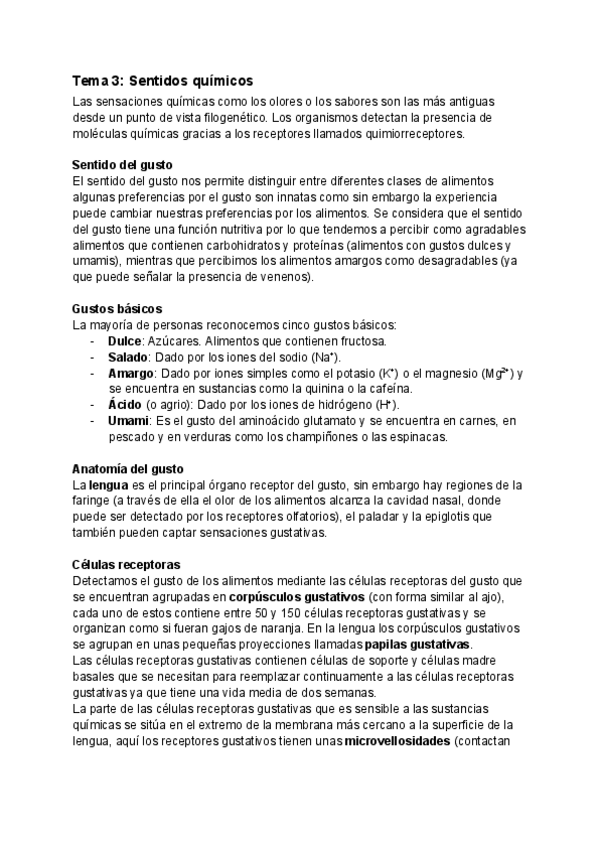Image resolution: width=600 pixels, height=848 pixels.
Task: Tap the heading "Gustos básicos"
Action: [118, 310]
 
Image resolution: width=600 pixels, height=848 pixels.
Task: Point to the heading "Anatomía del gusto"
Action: [128, 469]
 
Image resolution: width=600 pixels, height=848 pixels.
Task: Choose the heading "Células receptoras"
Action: [126, 565]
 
